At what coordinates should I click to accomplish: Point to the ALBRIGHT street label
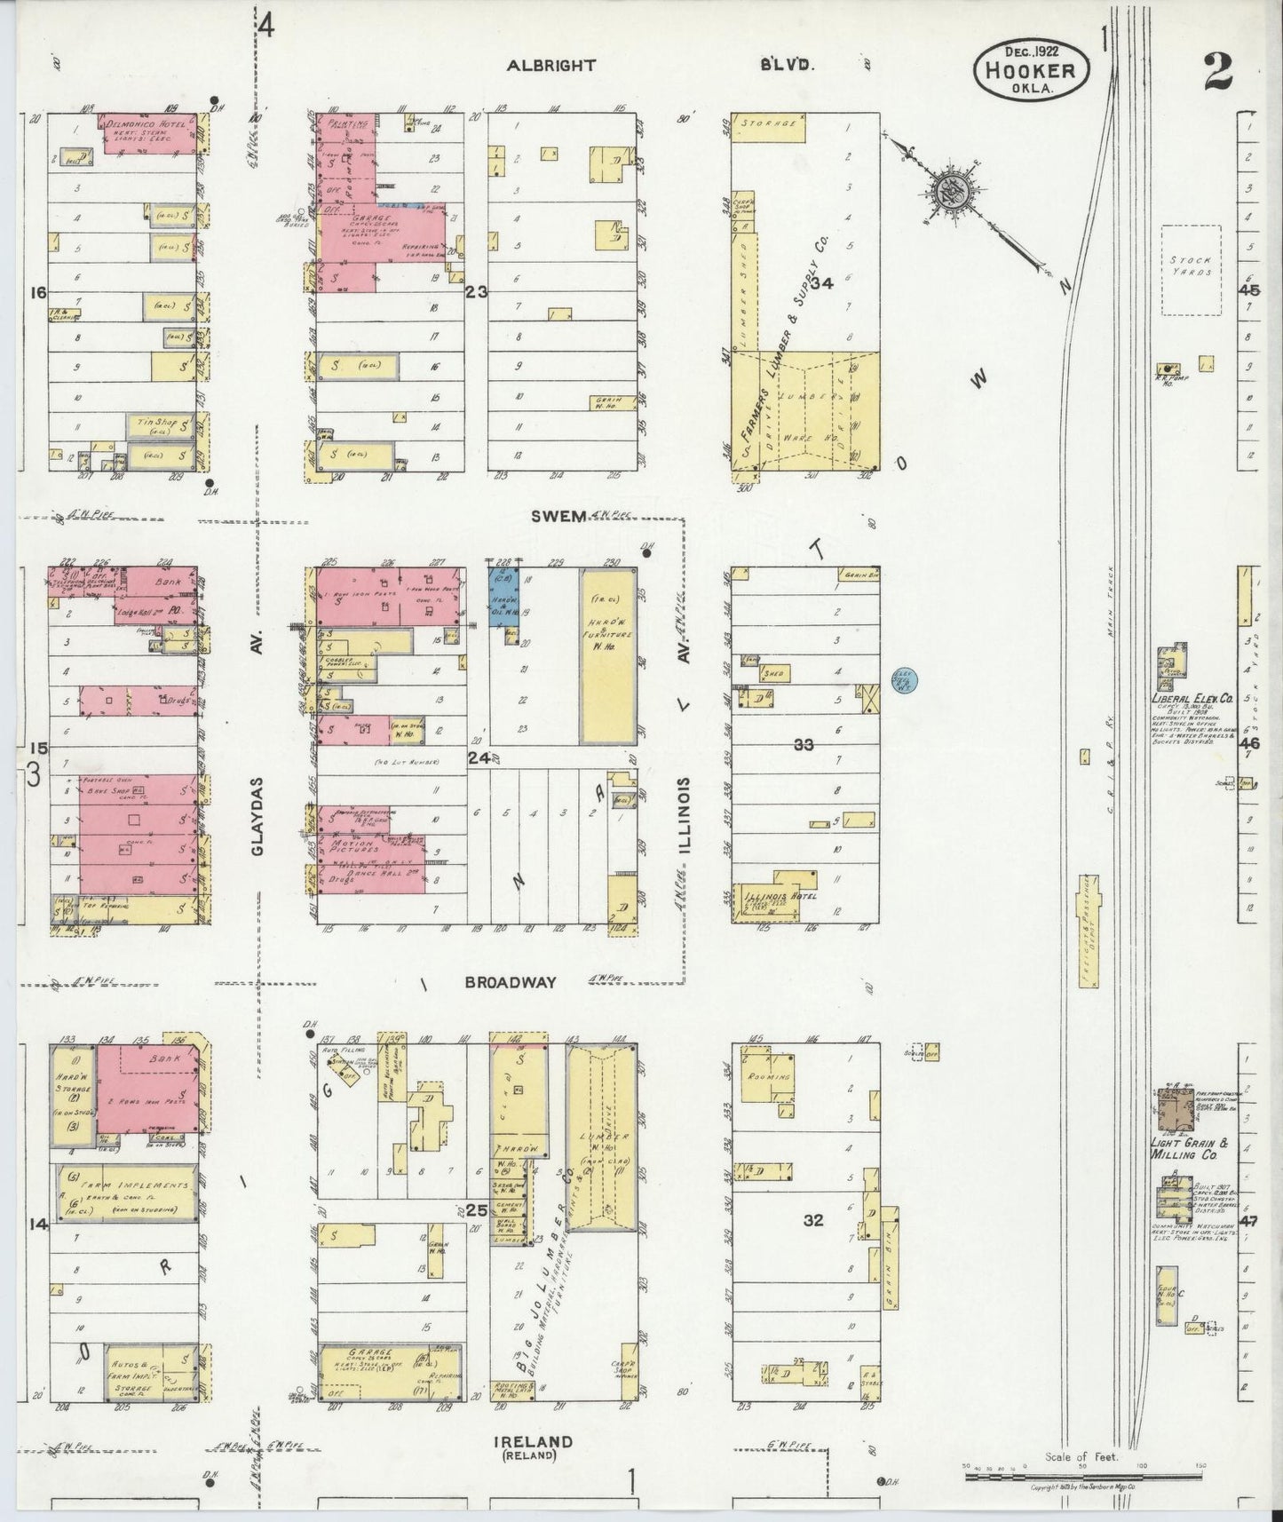(551, 65)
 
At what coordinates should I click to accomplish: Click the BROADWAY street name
(511, 982)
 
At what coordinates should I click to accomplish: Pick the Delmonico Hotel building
(149, 133)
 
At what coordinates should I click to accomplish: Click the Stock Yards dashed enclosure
(1192, 269)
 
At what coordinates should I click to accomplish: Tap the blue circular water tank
(904, 681)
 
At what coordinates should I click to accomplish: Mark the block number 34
(821, 284)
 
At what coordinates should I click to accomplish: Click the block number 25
(476, 1210)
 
